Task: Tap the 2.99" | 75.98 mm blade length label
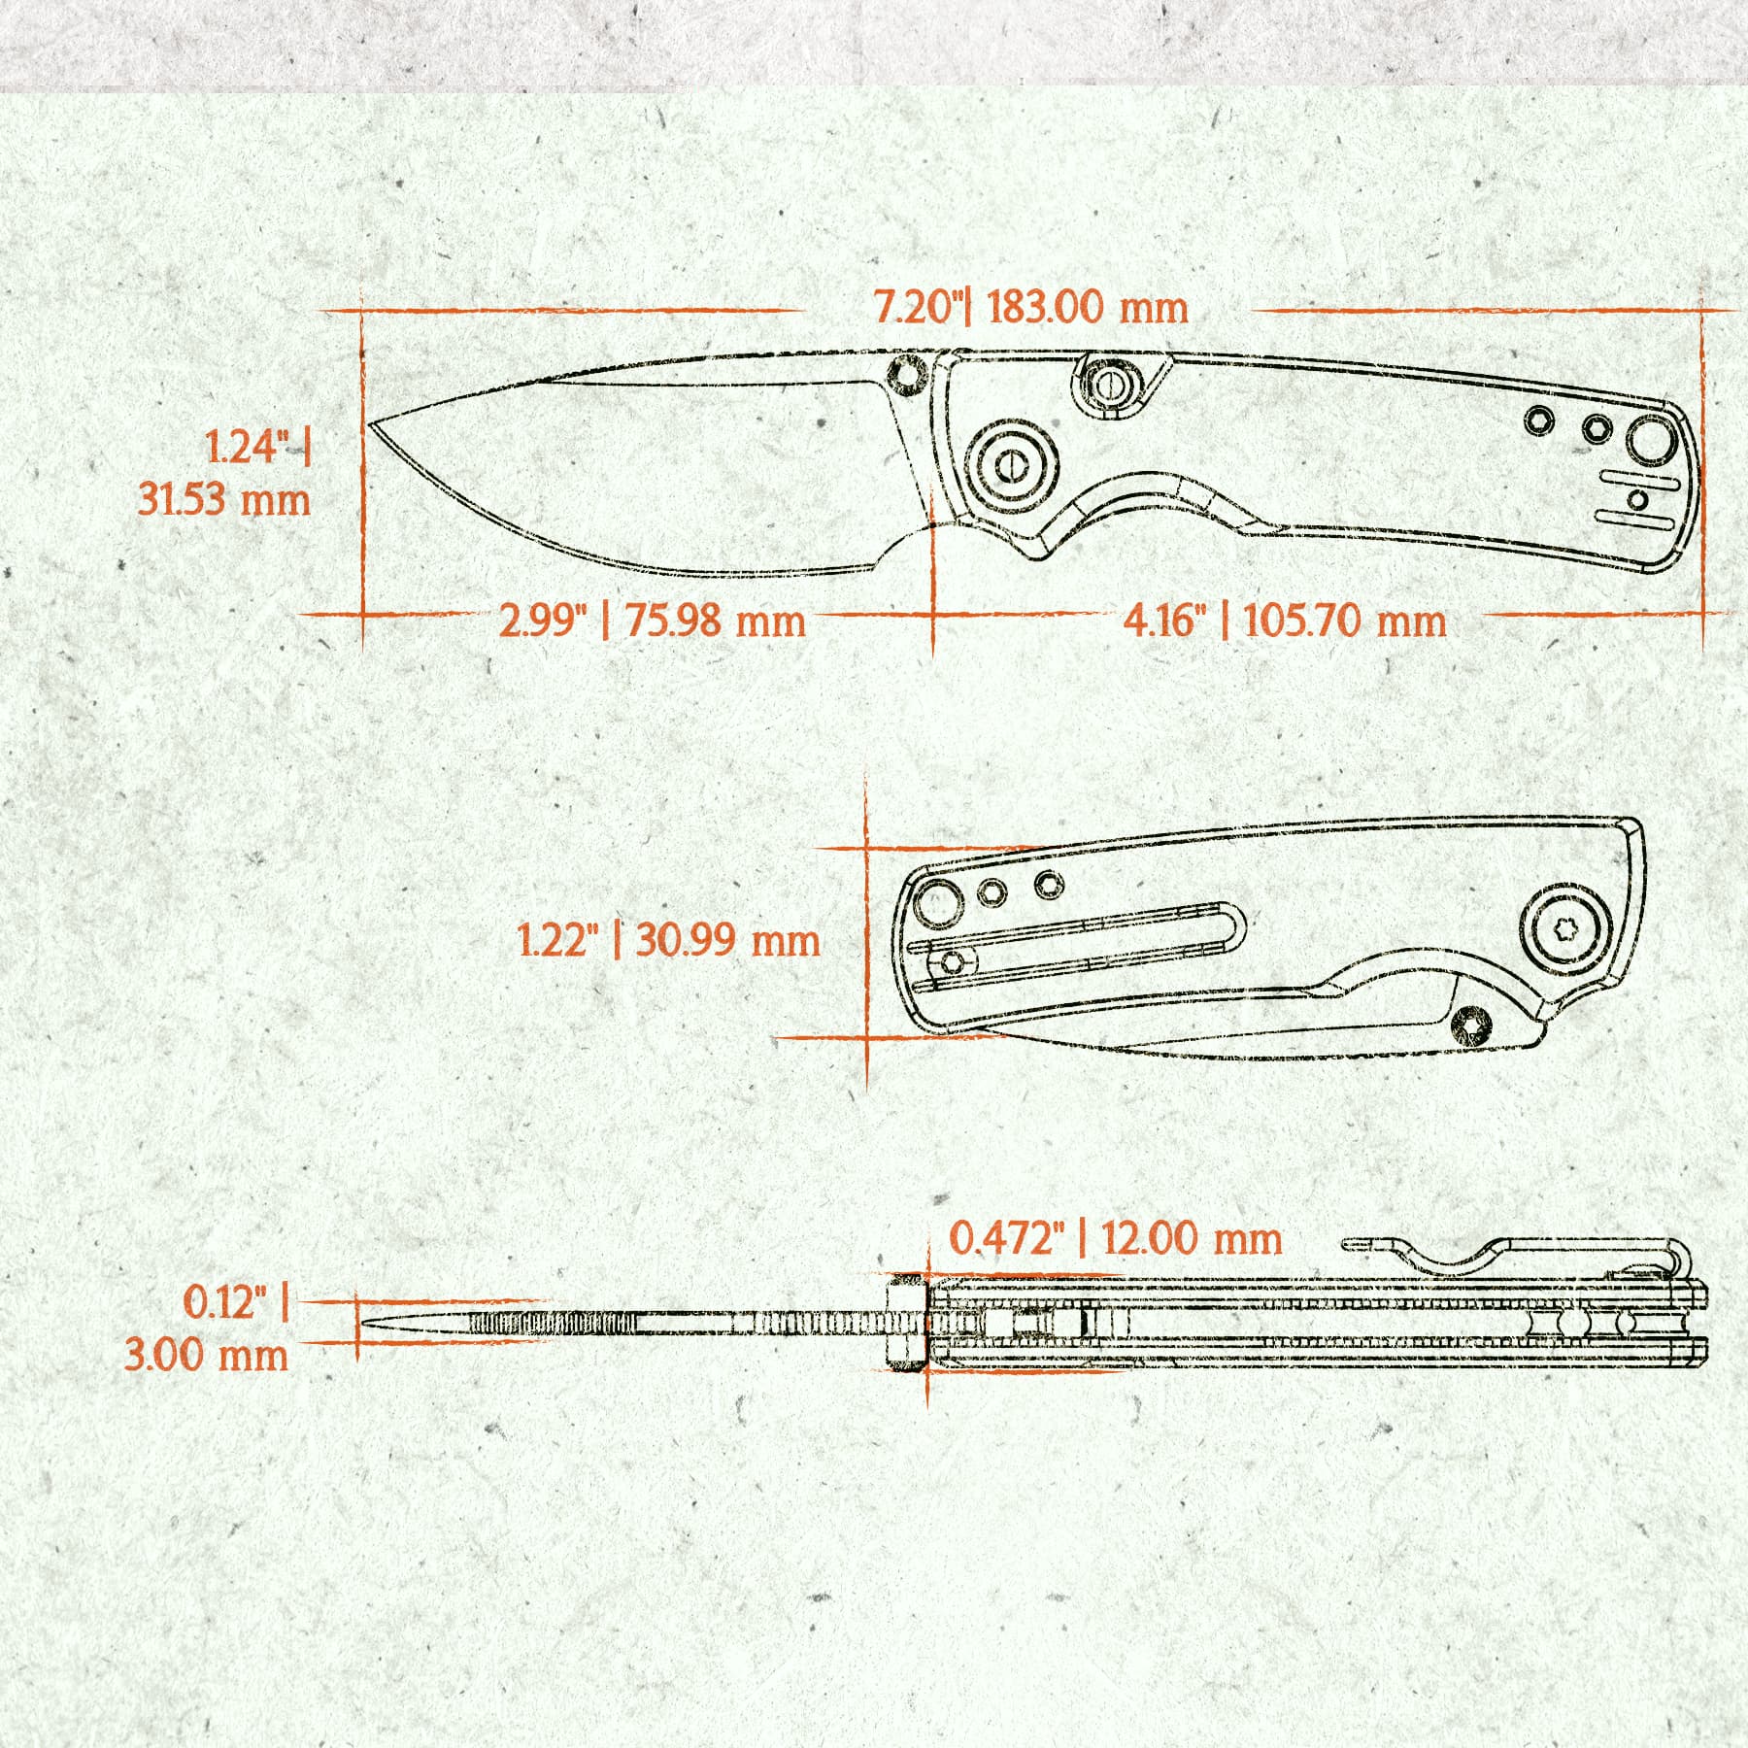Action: click(653, 621)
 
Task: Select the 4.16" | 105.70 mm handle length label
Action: click(1285, 621)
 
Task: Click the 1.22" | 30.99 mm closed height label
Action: click(668, 941)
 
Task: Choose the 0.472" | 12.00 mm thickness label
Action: click(1115, 1239)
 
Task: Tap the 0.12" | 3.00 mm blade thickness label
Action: click(207, 1328)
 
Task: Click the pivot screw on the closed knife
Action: click(1562, 928)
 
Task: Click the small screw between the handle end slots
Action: click(1637, 500)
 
